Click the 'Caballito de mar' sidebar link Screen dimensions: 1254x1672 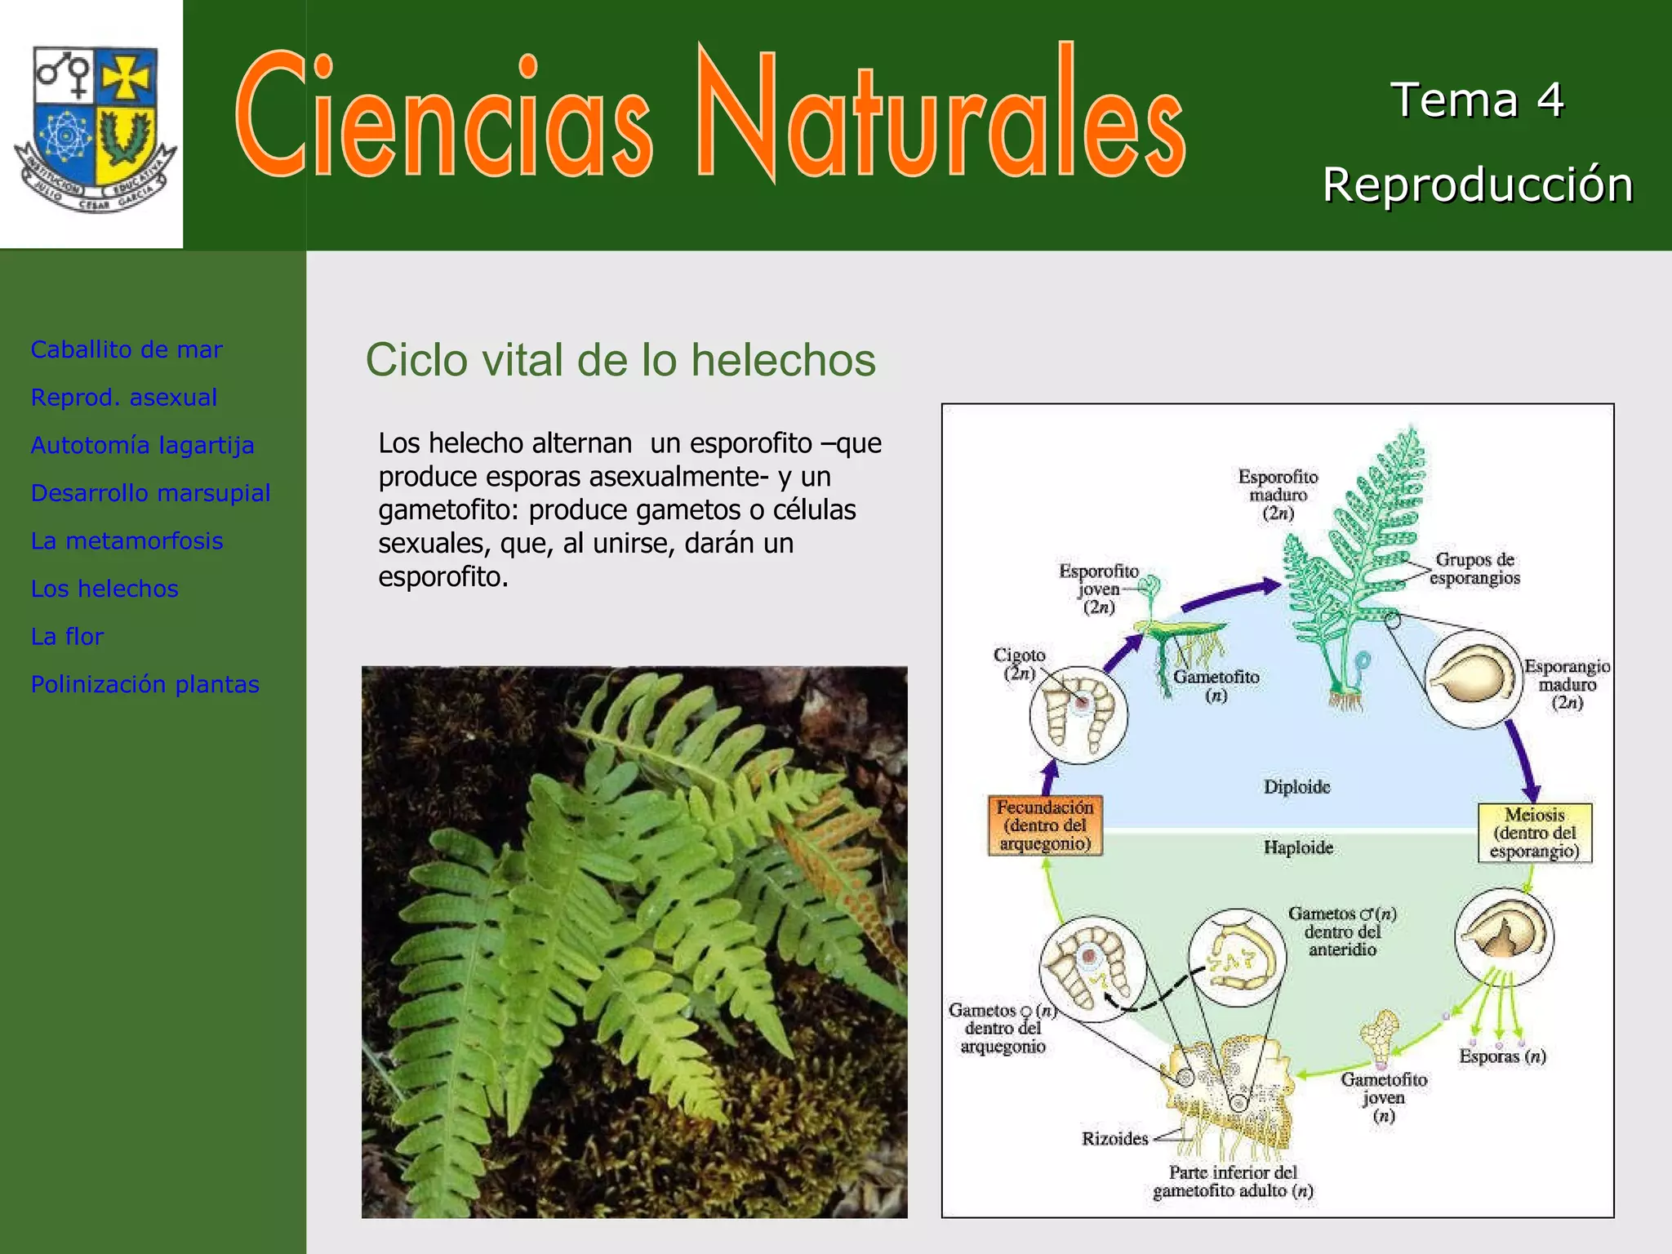(127, 349)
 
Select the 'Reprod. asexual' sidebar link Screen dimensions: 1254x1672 (124, 398)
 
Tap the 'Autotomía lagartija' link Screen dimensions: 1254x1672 (143, 446)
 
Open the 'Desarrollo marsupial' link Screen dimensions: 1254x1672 (151, 493)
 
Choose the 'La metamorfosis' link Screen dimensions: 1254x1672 (127, 541)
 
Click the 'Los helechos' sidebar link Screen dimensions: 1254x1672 (104, 589)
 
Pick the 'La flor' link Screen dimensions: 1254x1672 (68, 637)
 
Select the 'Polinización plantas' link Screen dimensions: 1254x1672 (145, 684)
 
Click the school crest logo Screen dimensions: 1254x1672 (95, 127)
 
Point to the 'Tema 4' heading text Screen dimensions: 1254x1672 (1477, 100)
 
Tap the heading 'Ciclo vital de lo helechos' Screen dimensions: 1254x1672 (620, 360)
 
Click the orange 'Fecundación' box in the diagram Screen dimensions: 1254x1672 (1045, 825)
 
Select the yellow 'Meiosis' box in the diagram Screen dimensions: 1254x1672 (1535, 833)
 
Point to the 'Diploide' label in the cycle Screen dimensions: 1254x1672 (1297, 787)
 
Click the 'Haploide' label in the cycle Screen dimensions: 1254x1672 (1298, 847)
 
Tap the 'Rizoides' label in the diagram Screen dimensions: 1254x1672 (1115, 1138)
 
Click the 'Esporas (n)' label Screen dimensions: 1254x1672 (1502, 1056)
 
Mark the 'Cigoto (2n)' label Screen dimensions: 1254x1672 (1019, 664)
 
